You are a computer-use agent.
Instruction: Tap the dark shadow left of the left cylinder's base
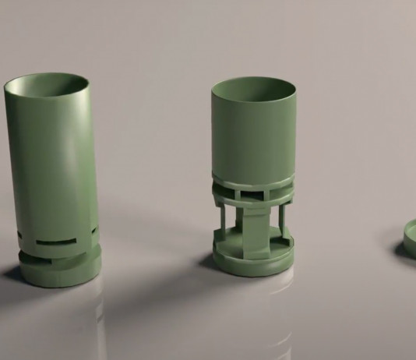pos(12,274)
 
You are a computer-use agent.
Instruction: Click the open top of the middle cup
pos(254,89)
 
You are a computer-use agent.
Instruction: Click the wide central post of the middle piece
pos(254,230)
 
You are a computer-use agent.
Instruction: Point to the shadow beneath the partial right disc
pos(404,251)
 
